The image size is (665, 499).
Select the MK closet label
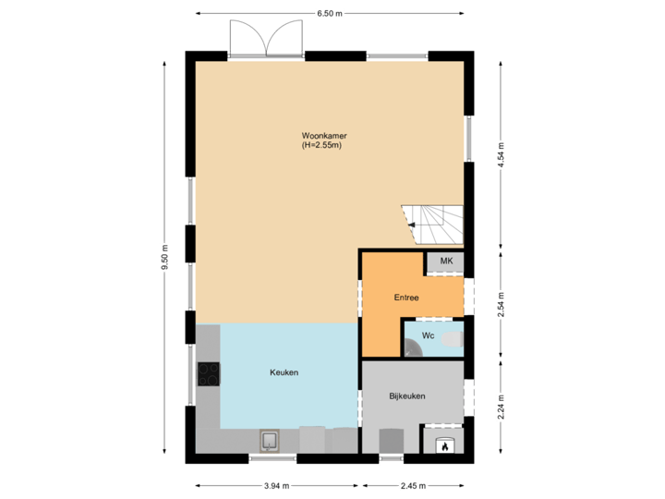click(447, 262)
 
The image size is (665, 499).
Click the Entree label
click(406, 298)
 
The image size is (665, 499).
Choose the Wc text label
click(429, 335)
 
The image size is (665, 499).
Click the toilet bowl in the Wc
click(452, 341)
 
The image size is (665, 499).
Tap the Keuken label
click(284, 372)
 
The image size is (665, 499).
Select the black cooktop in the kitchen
click(209, 373)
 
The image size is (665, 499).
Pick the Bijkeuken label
click(406, 396)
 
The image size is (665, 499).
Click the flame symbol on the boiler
click(443, 445)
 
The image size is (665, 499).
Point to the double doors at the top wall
click(266, 39)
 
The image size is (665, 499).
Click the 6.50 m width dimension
click(330, 14)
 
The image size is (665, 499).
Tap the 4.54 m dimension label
click(500, 152)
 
